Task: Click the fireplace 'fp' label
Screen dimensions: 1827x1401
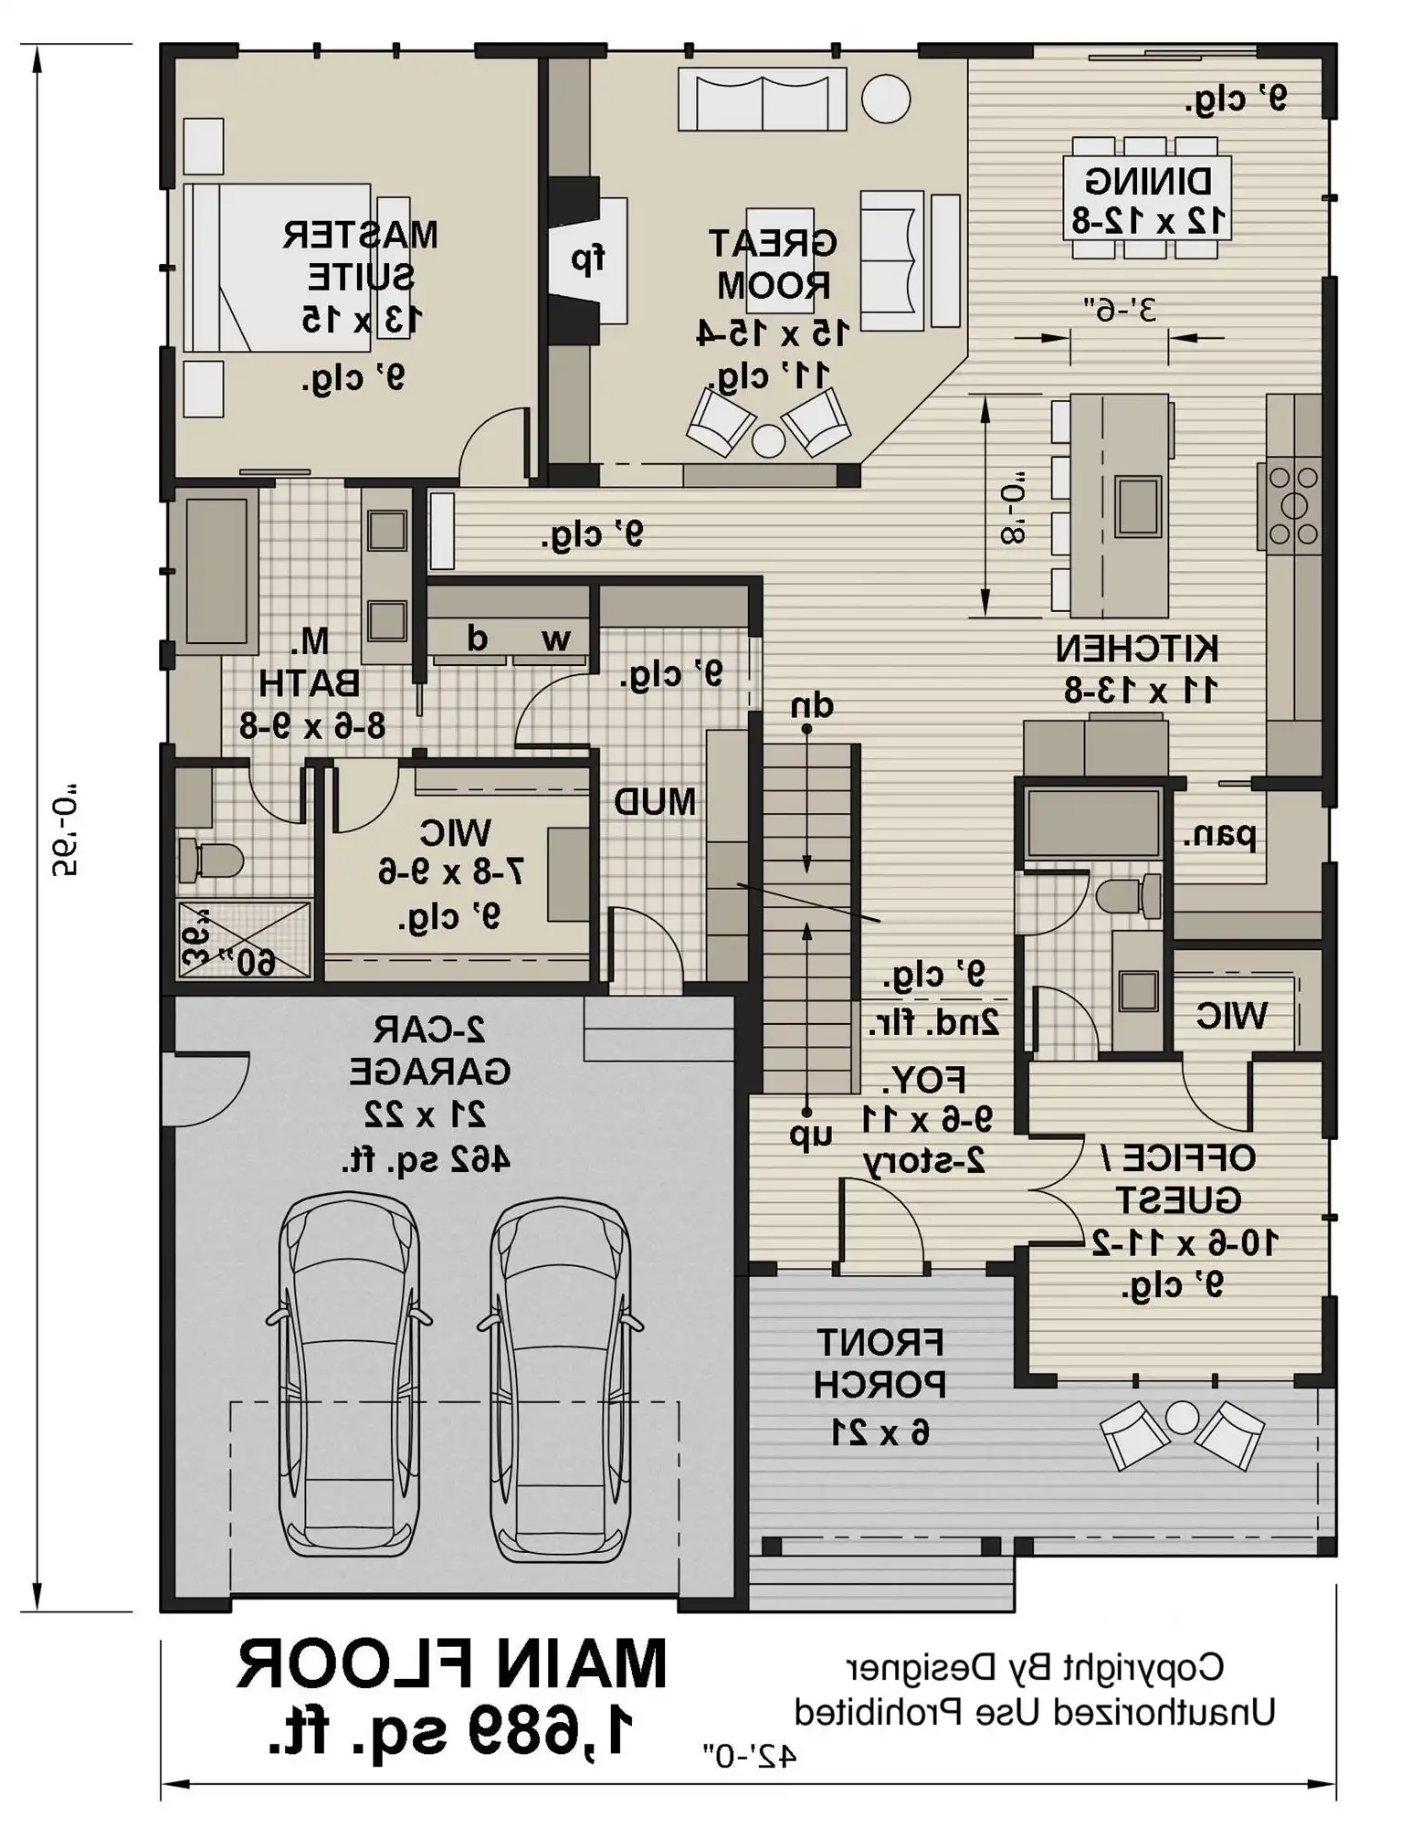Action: point(588,259)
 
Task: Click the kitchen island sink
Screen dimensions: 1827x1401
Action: point(1139,505)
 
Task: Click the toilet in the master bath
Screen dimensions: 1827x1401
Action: point(210,861)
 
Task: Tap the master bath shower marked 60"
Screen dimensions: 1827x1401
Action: point(244,939)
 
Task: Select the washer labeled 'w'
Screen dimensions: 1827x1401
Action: point(554,639)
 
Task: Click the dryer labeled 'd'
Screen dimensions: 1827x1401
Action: point(477,639)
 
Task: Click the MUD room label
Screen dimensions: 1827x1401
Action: point(654,802)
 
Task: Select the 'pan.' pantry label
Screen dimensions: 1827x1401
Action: point(1219,835)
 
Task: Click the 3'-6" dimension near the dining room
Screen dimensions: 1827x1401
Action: point(1119,310)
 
